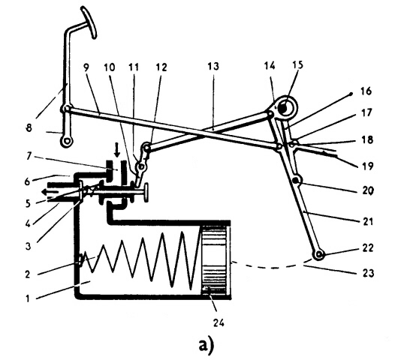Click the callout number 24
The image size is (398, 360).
pos(219,322)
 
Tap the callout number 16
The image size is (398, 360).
pos(366,91)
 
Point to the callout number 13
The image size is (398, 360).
pos(213,66)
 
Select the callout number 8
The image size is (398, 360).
pos(29,127)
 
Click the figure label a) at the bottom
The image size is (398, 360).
pos(206,345)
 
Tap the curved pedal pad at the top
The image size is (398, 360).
pos(89,22)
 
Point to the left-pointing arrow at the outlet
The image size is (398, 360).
pos(51,192)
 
